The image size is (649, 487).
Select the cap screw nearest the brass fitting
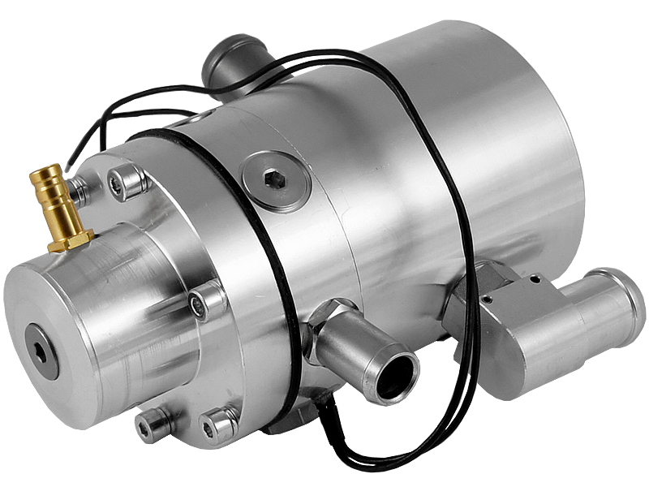click(129, 182)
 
